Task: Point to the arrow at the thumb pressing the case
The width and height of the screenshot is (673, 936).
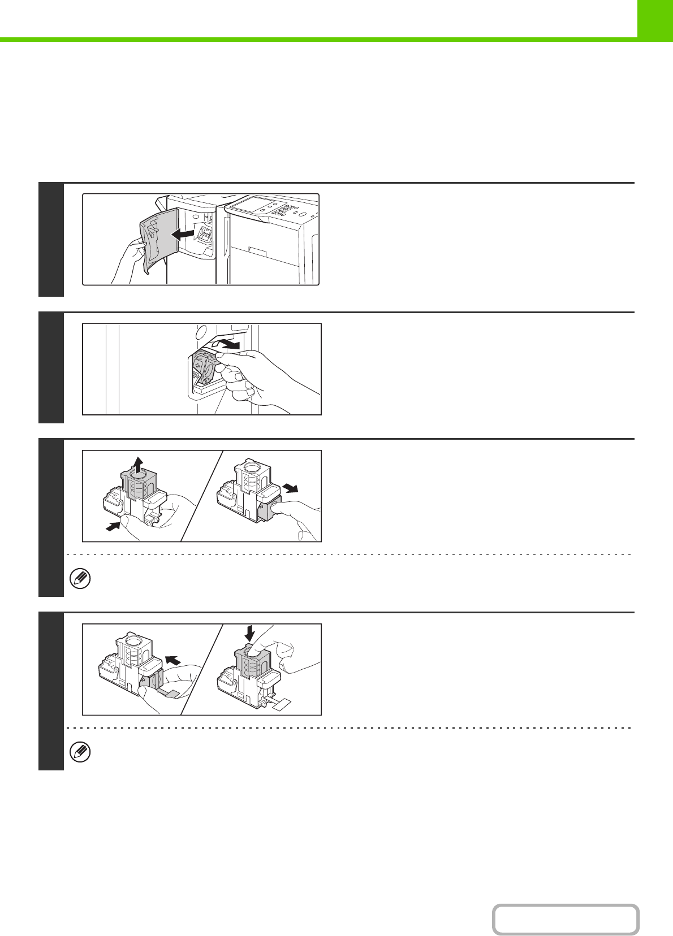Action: pyautogui.click(x=113, y=526)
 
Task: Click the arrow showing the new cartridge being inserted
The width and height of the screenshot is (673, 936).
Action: pyautogui.click(x=174, y=659)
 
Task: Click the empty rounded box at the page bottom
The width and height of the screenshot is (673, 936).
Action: pyautogui.click(x=566, y=920)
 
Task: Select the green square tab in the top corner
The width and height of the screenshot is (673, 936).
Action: pyautogui.click(x=655, y=19)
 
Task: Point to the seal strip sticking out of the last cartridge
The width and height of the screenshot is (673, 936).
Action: pyautogui.click(x=282, y=703)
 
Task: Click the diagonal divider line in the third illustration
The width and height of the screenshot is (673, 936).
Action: pyautogui.click(x=202, y=496)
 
